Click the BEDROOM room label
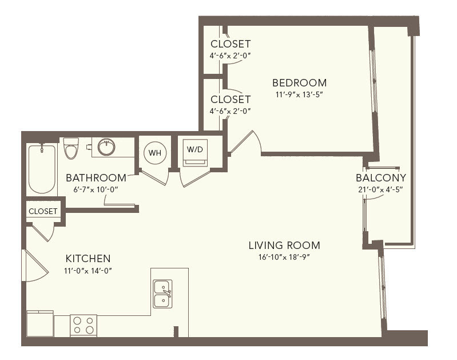[299, 83]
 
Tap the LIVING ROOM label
[284, 246]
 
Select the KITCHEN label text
[88, 259]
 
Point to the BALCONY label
[380, 177]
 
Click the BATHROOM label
[96, 177]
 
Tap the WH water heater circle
[155, 153]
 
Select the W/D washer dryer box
[195, 153]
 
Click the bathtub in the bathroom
[42, 169]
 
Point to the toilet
[71, 148]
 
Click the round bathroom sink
[106, 147]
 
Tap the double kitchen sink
[162, 294]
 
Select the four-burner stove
[84, 325]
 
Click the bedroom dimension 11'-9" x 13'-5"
[299, 94]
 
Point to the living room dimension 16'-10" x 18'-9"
[284, 257]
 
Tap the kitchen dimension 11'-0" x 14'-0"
[88, 271]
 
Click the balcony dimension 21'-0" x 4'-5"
[380, 189]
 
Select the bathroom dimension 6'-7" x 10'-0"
[96, 189]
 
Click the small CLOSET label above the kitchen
[43, 211]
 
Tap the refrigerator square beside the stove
[40, 323]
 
